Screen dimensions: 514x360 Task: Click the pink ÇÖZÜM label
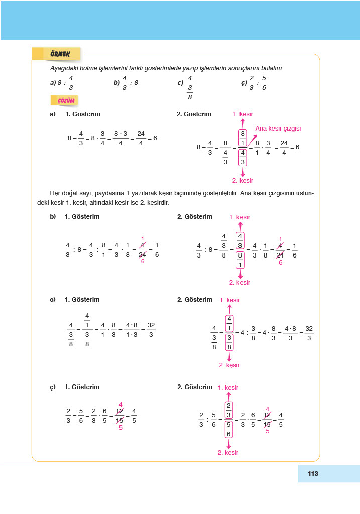click(x=66, y=101)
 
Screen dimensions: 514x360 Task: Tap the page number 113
click(x=313, y=473)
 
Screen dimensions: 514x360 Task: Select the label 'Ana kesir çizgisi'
click(x=278, y=128)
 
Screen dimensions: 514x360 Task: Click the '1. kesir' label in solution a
click(x=243, y=114)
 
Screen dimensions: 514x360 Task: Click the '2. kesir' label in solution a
click(x=243, y=180)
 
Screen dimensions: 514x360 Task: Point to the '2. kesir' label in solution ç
click(x=228, y=452)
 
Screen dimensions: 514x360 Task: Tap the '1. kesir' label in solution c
click(x=229, y=300)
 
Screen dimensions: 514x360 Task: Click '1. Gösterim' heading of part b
click(x=82, y=217)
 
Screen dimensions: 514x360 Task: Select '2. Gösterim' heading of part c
click(x=195, y=300)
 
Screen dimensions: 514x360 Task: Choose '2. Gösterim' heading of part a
click(x=194, y=114)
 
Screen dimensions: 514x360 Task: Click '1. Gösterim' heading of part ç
click(x=82, y=387)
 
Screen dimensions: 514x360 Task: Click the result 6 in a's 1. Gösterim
click(x=155, y=138)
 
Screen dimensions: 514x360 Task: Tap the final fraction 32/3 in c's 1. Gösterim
click(x=151, y=330)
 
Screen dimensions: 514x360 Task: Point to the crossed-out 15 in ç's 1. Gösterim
click(x=119, y=420)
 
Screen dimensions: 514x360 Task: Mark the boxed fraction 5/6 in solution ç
click(x=228, y=429)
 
